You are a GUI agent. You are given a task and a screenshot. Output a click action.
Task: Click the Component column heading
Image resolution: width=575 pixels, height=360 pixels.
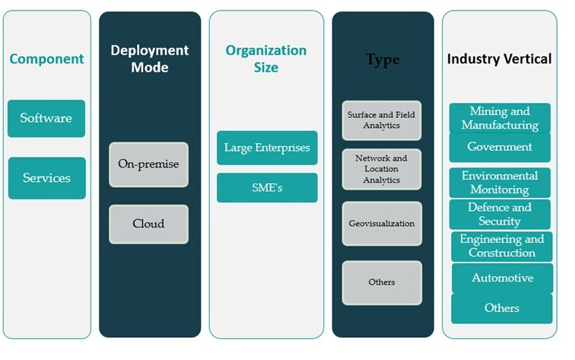pos(46,59)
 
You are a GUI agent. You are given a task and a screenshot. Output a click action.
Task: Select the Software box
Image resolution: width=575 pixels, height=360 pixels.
pos(46,118)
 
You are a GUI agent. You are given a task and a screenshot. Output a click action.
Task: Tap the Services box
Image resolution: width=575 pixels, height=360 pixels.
pos(46,178)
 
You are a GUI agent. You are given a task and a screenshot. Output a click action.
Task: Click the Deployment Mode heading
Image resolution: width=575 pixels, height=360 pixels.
pos(150,59)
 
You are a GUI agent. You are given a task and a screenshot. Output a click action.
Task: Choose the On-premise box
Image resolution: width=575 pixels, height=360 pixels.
pos(148,164)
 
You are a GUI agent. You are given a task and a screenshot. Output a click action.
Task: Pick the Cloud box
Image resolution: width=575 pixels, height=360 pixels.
pos(148,224)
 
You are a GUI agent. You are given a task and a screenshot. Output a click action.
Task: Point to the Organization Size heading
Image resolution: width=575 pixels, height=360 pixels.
pos(266,59)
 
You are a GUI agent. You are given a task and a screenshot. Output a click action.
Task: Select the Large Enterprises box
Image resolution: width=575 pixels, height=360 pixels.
pos(267,148)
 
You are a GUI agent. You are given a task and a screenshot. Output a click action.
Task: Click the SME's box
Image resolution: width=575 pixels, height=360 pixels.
pos(267,187)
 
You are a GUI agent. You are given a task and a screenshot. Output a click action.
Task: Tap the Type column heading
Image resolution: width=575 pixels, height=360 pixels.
pos(382,59)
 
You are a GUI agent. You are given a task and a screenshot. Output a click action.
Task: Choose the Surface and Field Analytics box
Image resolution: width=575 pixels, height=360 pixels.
pos(382,120)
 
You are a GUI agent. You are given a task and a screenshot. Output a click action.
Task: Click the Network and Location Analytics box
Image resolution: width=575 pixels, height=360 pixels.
pos(382,169)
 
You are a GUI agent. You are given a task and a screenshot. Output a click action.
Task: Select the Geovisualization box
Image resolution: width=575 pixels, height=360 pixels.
pos(382,224)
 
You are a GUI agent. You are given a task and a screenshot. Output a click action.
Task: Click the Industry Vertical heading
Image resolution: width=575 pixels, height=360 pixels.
pos(499,59)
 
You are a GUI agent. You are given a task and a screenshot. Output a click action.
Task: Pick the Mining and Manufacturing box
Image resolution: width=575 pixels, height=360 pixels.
pos(500,118)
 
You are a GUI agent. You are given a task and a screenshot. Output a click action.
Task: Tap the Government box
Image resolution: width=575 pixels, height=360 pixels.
pos(500,147)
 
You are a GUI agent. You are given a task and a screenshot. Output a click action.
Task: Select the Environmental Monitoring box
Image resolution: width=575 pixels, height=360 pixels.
pos(500,183)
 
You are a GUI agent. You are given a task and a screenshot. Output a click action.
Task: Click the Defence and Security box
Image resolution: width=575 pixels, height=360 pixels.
pos(500,214)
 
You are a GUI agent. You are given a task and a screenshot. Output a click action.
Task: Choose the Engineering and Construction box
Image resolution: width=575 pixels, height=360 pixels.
pos(502,246)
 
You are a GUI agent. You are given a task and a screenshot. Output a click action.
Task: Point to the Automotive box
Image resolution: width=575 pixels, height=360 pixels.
pos(502,278)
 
